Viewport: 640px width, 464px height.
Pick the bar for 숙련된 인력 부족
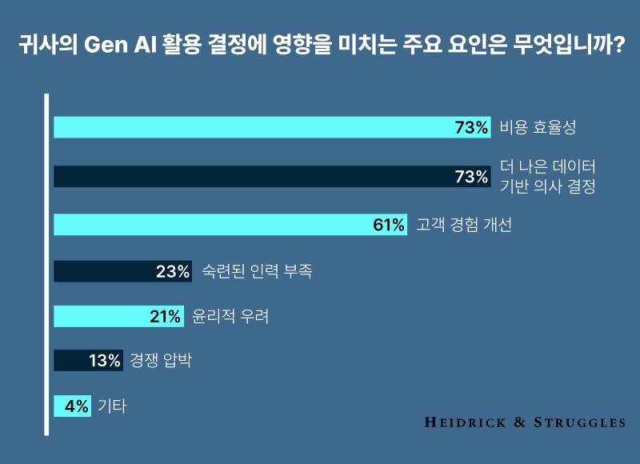coord(104,271)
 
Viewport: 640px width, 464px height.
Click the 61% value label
coord(389,225)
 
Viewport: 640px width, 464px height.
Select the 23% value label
coord(173,271)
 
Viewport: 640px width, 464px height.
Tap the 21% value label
coord(166,316)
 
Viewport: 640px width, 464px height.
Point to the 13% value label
coord(105,361)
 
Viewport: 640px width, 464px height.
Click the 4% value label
coord(77,406)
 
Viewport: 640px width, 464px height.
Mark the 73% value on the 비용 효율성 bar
coord(471,127)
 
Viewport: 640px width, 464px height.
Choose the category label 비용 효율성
coord(538,127)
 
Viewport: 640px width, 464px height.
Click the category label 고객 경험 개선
coord(464,225)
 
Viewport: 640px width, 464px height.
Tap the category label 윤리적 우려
coord(230,316)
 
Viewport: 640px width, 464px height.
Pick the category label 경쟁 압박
coord(161,361)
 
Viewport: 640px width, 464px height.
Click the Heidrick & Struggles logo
coord(524,422)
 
